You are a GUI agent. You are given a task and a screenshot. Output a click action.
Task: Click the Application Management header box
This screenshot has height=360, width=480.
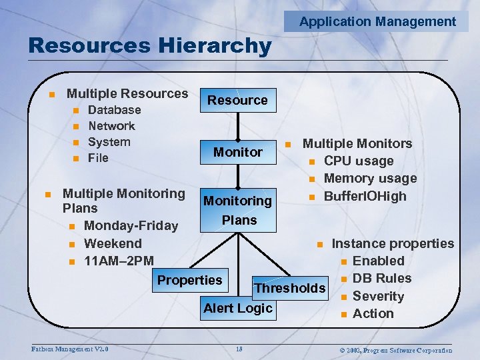tap(377, 21)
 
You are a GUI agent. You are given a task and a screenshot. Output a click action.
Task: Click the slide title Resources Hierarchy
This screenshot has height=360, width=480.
tap(150, 46)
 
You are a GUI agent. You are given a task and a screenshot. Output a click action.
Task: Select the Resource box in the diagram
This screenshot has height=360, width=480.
tap(237, 100)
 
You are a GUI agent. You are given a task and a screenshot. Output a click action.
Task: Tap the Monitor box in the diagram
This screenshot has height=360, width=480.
tap(237, 152)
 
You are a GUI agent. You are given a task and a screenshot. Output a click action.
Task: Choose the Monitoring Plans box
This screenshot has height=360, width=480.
tap(237, 210)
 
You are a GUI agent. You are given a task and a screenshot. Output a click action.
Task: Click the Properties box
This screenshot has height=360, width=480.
tap(189, 280)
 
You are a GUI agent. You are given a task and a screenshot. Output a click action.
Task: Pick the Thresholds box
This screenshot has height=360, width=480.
tap(290, 288)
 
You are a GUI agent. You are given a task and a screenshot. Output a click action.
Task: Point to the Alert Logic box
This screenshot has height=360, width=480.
tap(237, 308)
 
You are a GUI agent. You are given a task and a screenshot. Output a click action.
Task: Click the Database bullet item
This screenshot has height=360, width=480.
tap(114, 110)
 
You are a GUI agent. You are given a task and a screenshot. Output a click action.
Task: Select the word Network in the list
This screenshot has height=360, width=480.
tap(111, 126)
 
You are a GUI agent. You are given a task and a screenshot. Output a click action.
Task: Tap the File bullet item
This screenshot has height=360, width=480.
tap(98, 158)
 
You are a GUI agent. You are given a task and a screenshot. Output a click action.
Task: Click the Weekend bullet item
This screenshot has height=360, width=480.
tap(113, 243)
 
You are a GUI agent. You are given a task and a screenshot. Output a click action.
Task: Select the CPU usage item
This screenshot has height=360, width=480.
tap(358, 161)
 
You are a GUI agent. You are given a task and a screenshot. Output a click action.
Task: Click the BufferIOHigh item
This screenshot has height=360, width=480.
tap(365, 196)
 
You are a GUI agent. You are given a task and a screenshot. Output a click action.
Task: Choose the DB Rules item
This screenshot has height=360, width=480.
tap(381, 278)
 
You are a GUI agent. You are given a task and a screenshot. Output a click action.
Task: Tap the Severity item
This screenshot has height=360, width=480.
tap(378, 296)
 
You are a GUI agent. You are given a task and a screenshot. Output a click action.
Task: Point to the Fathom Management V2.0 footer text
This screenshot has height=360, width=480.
tap(70, 349)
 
